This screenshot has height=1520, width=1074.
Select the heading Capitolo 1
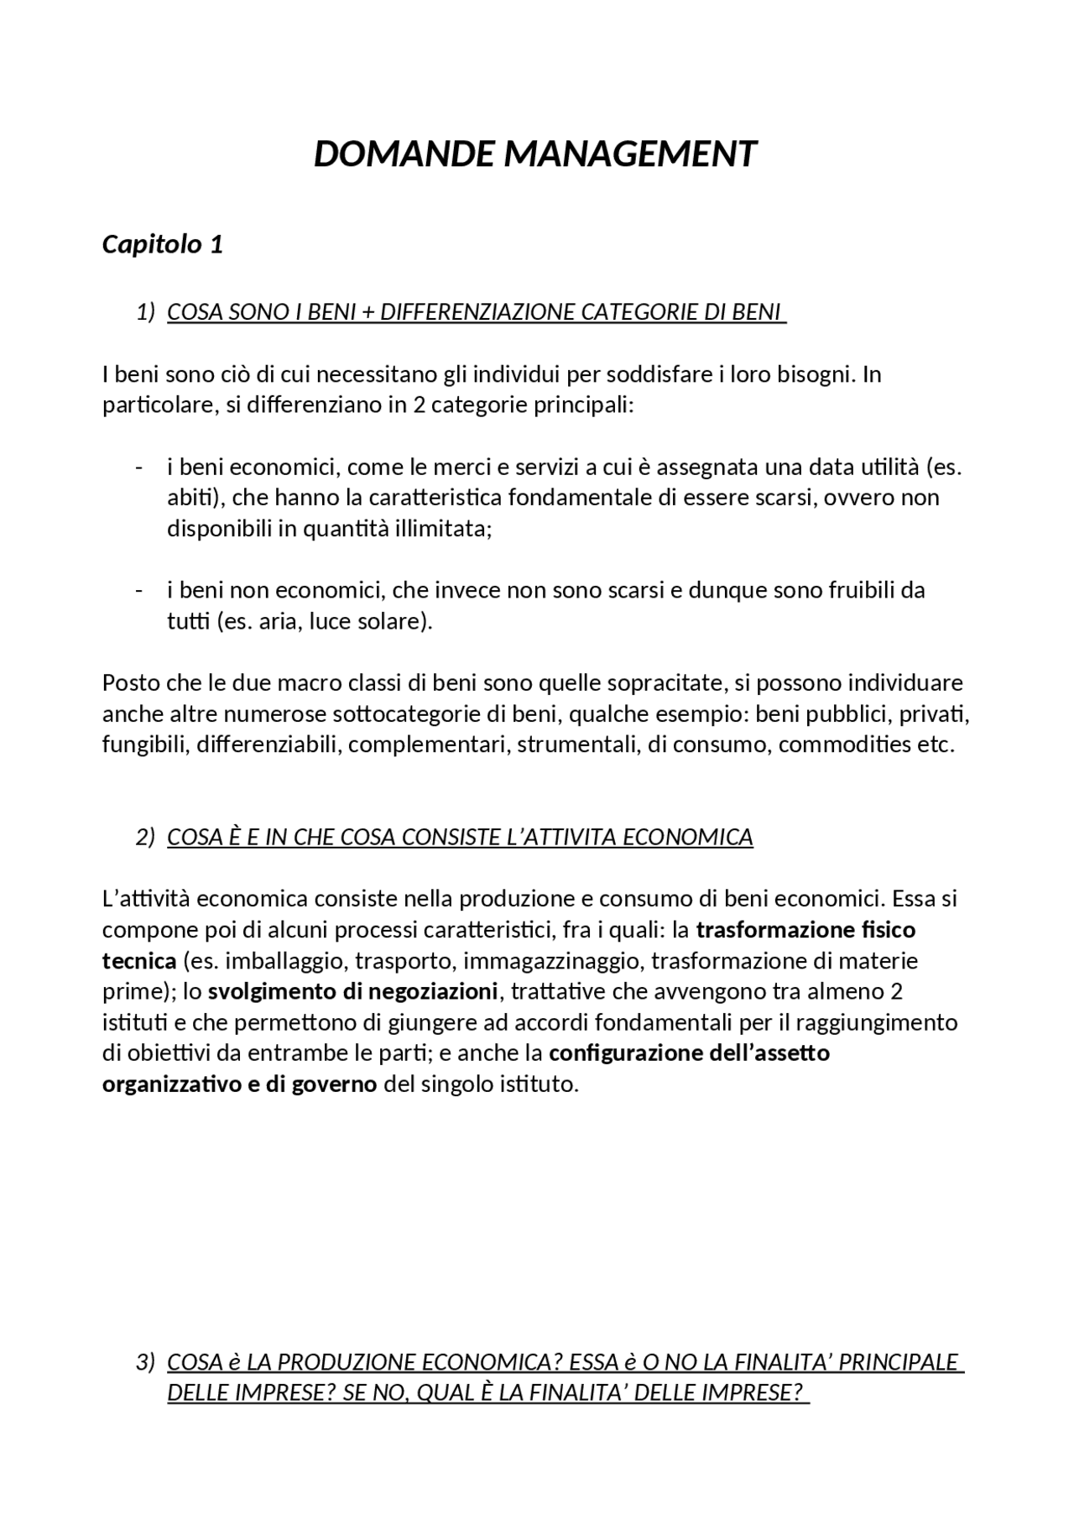point(162,244)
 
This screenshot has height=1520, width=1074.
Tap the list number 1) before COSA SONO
point(145,312)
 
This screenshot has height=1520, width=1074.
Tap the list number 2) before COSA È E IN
point(145,838)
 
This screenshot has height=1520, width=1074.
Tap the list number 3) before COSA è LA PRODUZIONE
point(145,1361)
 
